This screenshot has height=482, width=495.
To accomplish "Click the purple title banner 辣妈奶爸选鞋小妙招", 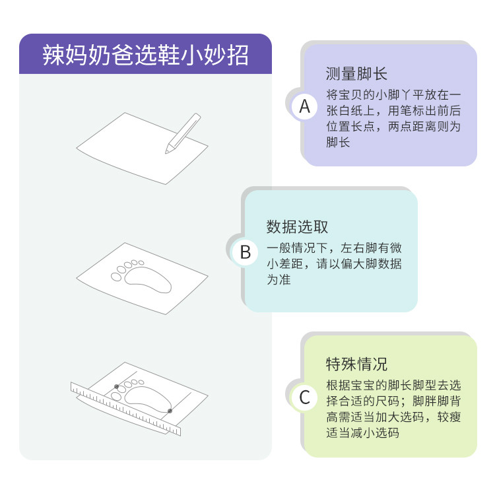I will [145, 54].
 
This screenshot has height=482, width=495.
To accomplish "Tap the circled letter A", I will [304, 106].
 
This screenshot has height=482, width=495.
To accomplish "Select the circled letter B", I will [246, 252].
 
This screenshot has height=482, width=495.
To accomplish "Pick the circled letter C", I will [304, 397].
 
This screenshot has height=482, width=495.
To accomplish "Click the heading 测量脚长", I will [356, 73].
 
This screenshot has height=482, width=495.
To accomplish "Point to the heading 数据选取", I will [297, 226].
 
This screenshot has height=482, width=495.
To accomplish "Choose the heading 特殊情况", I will [356, 364].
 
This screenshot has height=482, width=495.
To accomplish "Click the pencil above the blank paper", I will [183, 132].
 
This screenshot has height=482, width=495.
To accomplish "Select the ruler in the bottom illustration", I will [125, 408].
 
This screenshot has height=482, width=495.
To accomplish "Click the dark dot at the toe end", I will [116, 386].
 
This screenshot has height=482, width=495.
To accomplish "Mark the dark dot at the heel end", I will [170, 411].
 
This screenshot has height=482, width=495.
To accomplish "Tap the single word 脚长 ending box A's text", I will [338, 142].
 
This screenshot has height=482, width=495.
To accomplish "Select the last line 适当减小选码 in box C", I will [362, 432].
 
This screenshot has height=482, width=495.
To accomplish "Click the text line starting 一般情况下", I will [334, 249].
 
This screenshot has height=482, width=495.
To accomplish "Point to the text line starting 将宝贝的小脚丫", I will [393, 94].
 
